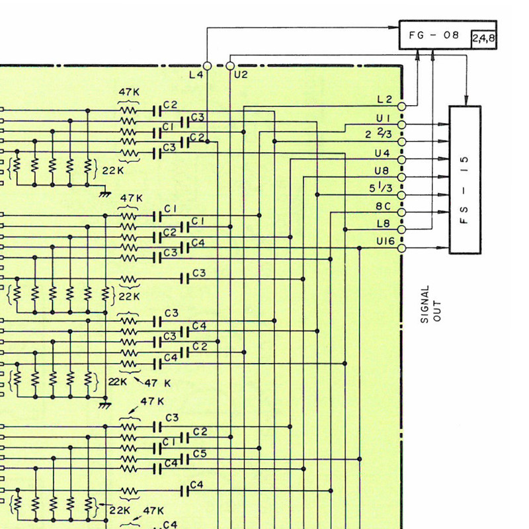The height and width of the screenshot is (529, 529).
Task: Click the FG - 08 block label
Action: [434, 35]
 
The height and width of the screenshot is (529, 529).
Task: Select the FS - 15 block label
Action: [465, 190]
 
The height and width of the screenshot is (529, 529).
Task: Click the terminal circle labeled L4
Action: [207, 65]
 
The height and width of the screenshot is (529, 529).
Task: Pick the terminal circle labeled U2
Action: [230, 65]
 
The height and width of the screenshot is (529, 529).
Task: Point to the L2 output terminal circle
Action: [401, 106]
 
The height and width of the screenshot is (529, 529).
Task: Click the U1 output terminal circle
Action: [401, 125]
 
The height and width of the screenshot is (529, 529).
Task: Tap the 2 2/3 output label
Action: [378, 134]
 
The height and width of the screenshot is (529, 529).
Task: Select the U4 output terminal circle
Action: [401, 159]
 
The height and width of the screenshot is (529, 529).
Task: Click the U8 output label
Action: [382, 171]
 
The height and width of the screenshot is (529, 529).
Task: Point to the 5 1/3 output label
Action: [381, 187]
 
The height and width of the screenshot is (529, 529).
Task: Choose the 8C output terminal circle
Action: [401, 212]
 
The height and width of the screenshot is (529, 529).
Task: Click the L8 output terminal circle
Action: [401, 229]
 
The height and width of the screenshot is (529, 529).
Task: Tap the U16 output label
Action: [386, 241]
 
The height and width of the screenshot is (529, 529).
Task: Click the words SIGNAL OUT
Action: [431, 304]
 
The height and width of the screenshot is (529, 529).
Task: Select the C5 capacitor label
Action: [200, 454]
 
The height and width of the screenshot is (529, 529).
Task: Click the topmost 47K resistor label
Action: [129, 92]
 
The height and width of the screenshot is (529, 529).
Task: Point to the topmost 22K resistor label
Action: [113, 171]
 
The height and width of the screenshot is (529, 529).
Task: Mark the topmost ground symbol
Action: [105, 194]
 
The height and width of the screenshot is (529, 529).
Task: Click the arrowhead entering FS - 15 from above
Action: [466, 101]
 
